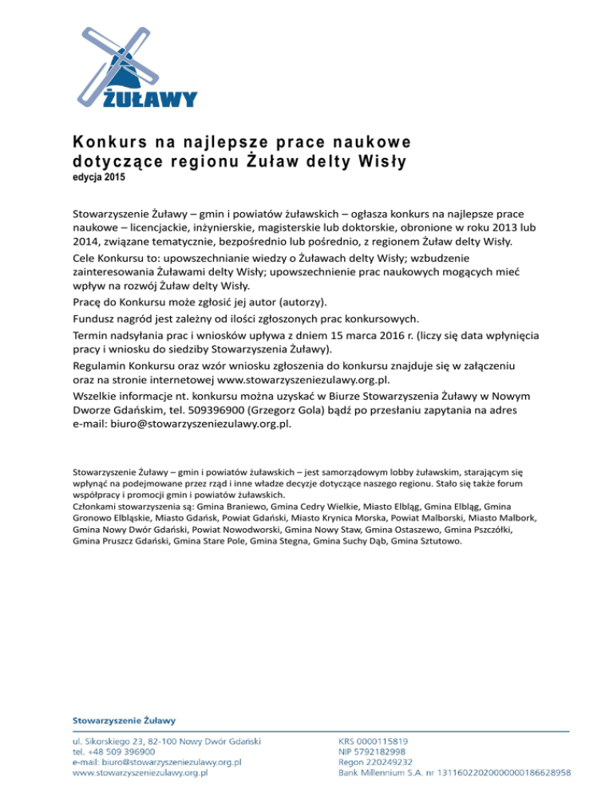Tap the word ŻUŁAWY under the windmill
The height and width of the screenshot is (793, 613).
tap(149, 98)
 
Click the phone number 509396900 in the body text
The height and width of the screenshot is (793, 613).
tap(205, 409)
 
